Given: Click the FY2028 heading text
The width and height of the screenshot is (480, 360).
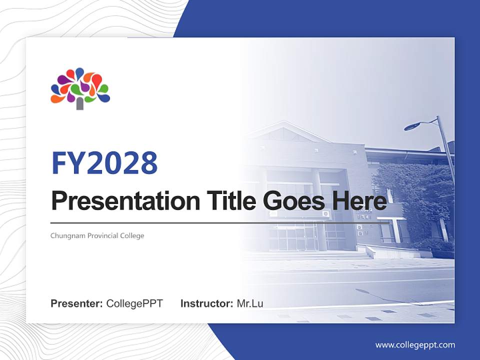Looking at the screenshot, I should point(104,163).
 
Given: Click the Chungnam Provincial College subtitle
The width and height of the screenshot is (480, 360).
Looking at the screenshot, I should point(97,235).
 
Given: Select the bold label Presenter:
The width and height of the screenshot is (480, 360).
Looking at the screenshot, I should point(76,303).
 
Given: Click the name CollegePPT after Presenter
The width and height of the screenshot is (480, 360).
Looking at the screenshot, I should point(134,303).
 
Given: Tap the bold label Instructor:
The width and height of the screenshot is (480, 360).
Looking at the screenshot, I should point(206,303).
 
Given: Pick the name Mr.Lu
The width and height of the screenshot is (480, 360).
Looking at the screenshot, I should point(250,303).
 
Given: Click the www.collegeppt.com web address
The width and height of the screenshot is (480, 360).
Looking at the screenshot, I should point(415,344).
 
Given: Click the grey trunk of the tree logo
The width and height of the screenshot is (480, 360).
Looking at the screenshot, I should point(80,103).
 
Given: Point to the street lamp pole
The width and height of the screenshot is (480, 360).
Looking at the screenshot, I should point(446,150).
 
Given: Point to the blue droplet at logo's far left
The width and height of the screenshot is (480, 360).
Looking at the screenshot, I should point(55,89).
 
